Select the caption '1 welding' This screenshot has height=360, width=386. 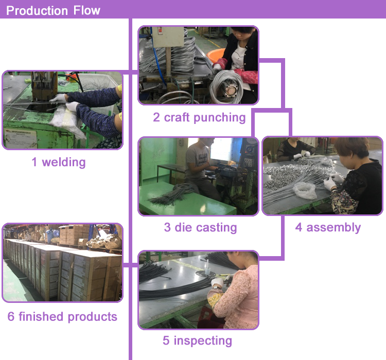[x=58, y=163]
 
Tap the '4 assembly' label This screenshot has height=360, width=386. [x=328, y=227]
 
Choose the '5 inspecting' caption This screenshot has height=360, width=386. [x=197, y=340]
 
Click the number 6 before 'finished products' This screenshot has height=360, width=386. [x=11, y=316]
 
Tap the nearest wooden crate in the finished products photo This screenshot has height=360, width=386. [x=90, y=278]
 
